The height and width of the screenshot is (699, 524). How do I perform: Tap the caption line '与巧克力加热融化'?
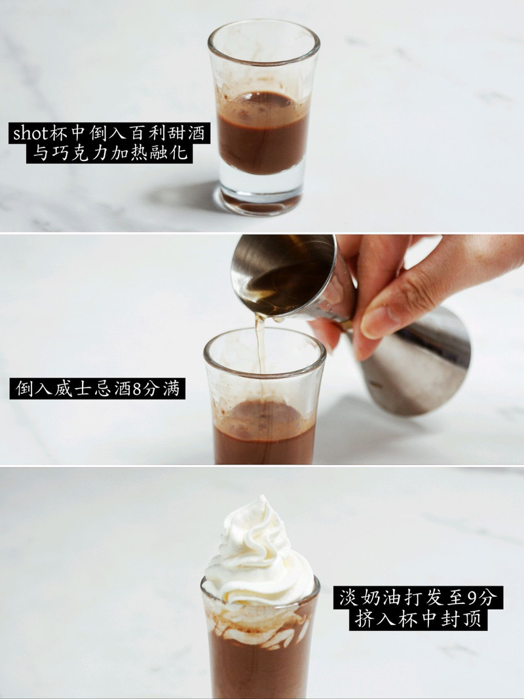(x=109, y=153)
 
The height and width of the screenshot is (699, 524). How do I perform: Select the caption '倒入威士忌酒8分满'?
(x=98, y=388)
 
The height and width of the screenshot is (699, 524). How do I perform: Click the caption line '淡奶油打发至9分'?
(x=418, y=597)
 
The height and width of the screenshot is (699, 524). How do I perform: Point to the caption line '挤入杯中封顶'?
(x=418, y=619)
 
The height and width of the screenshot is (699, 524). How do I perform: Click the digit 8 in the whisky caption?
(x=137, y=388)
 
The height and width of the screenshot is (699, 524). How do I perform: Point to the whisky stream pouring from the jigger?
(x=260, y=343)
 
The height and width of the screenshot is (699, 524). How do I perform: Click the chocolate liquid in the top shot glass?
(x=263, y=133)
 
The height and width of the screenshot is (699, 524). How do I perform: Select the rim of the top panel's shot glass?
(x=264, y=43)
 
